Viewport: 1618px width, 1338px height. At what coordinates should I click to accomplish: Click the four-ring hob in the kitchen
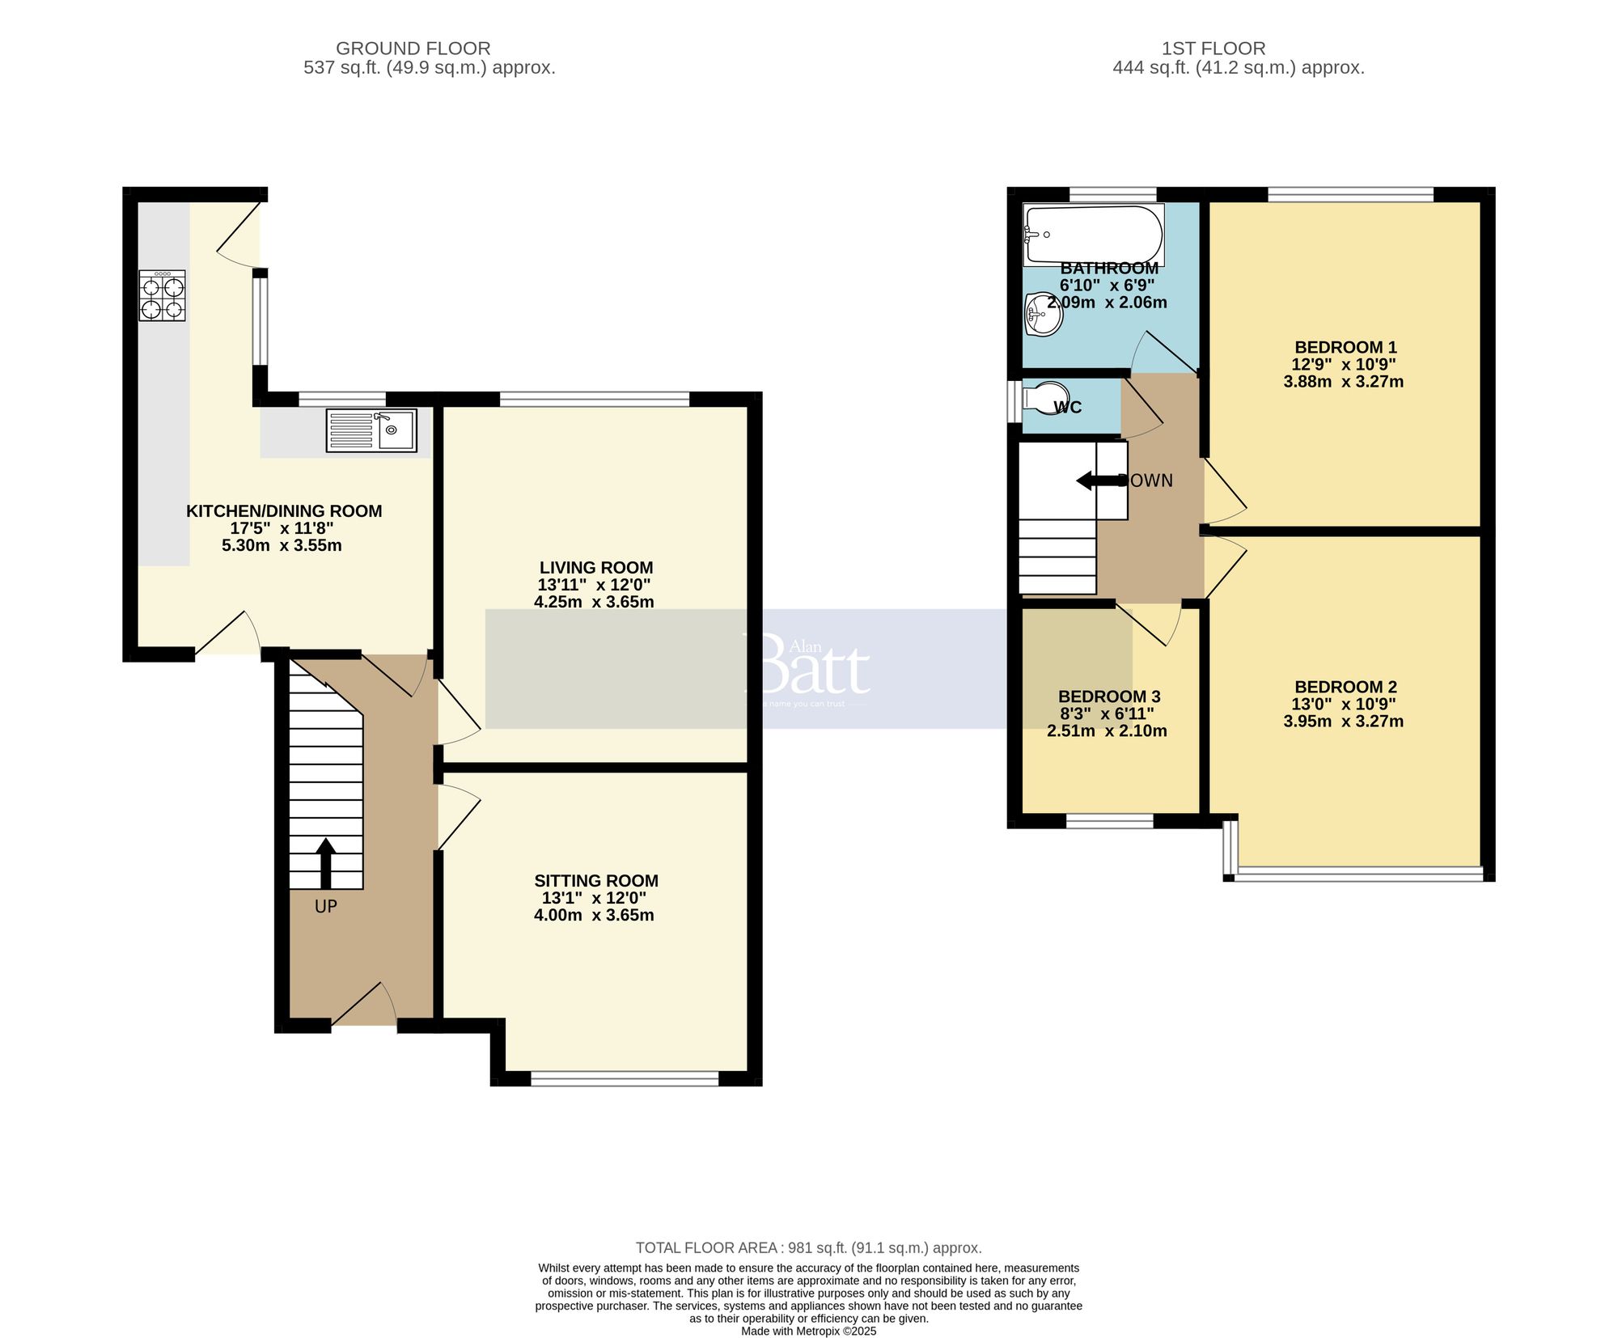point(162,296)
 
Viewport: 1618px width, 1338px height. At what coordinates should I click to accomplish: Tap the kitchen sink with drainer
point(371,430)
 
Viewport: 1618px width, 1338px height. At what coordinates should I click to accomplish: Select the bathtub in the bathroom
point(1093,235)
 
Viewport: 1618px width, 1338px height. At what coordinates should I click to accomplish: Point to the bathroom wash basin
point(1043,315)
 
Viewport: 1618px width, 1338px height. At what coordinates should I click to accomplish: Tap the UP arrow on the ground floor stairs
point(325,864)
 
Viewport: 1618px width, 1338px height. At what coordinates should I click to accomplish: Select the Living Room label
point(596,568)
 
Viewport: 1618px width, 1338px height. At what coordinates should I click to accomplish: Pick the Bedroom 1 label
point(1345,347)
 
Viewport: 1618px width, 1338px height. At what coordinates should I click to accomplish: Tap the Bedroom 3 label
point(1109,697)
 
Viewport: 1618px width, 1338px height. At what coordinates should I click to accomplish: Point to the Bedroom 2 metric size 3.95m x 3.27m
point(1343,722)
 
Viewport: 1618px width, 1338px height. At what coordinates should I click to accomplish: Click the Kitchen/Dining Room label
point(284,511)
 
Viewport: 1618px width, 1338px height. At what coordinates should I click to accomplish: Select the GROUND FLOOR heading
point(413,49)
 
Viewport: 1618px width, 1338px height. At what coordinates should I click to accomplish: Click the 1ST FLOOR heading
point(1213,49)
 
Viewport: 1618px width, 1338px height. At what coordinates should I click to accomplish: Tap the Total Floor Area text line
point(808,1248)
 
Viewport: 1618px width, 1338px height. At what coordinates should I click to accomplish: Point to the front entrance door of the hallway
point(363,1006)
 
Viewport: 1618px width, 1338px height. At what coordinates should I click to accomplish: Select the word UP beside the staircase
point(325,907)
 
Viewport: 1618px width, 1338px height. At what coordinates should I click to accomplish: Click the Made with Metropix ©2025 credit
point(808,1331)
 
